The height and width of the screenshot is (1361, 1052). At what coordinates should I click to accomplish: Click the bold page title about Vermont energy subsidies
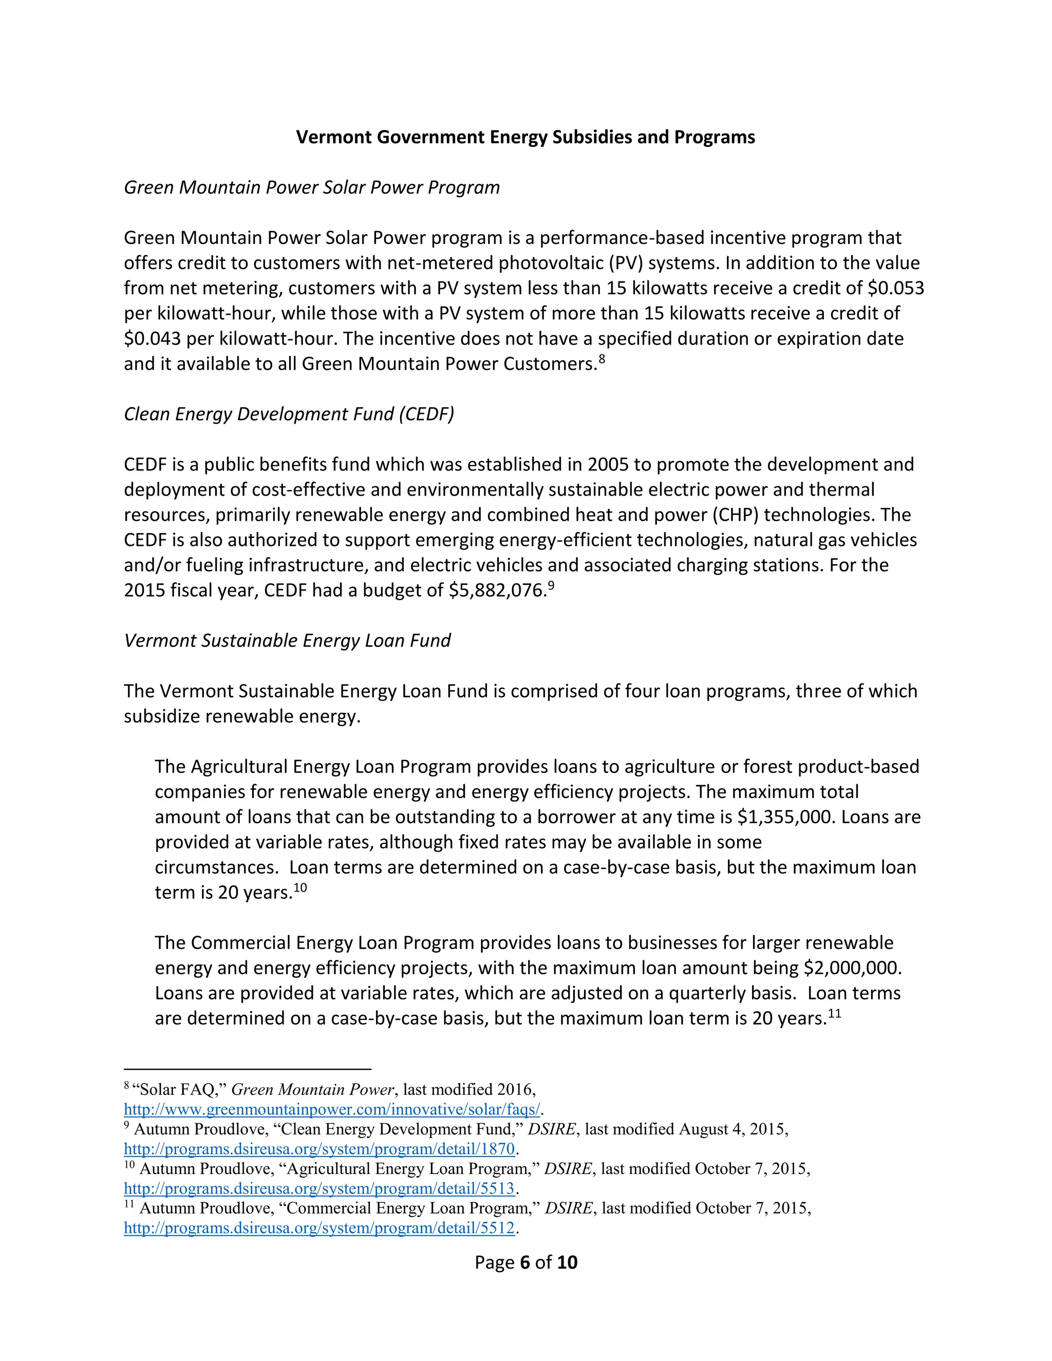pyautogui.click(x=525, y=137)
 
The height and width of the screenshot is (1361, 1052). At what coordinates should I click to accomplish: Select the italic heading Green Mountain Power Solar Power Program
pyautogui.click(x=312, y=187)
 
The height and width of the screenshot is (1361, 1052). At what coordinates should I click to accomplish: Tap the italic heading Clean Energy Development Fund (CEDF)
pyautogui.click(x=289, y=414)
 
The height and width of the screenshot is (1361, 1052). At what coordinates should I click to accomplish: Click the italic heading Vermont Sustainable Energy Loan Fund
pyautogui.click(x=287, y=640)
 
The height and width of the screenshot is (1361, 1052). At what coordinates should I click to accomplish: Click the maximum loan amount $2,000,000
pyautogui.click(x=852, y=968)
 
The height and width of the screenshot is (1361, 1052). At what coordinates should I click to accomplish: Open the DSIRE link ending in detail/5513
pyautogui.click(x=319, y=1188)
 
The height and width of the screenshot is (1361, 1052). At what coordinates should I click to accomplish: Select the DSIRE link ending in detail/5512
pyautogui.click(x=319, y=1228)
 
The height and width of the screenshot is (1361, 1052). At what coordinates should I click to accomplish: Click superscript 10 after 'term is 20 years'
pyautogui.click(x=300, y=887)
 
